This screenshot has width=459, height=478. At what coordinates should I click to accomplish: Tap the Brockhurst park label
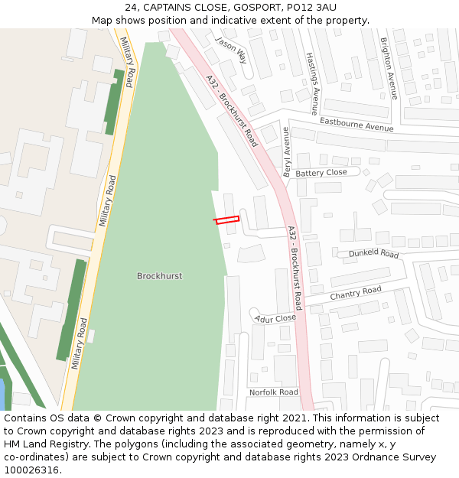[x=159, y=276]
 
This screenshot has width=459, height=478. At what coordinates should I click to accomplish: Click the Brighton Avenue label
[x=389, y=69]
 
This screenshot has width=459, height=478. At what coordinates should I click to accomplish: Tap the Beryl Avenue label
[x=287, y=152]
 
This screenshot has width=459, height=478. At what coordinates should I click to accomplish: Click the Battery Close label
[x=321, y=173]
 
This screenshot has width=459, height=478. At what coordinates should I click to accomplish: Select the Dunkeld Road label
[x=373, y=253]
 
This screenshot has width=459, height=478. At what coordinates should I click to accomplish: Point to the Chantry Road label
[x=355, y=293]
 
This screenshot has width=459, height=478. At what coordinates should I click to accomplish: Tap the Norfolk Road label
[x=273, y=392]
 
